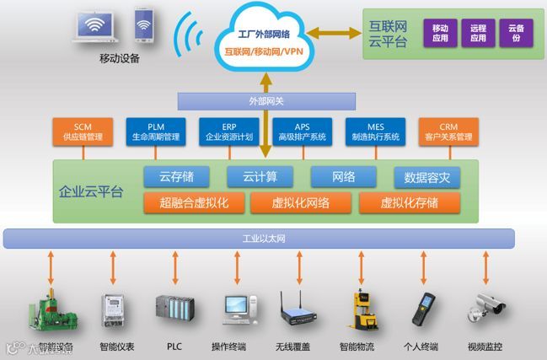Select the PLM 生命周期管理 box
point(155,132)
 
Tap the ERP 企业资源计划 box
point(229,132)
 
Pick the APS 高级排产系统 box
point(301,132)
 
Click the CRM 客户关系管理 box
point(448,132)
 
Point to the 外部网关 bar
point(265,101)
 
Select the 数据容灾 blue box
point(426,177)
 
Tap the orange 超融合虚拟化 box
point(193,202)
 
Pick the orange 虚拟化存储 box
point(409,202)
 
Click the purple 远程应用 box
point(478,33)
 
